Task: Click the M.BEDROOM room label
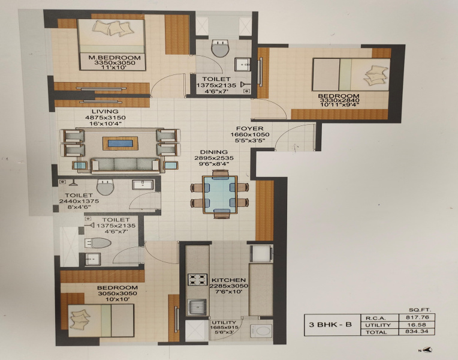[x=115, y=58]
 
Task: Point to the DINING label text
[x=214, y=152]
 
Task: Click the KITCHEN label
[x=229, y=280]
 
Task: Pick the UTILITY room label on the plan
[x=224, y=323]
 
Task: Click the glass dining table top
[x=220, y=195]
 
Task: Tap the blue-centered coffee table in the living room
[x=120, y=143]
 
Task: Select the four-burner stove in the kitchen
[x=197, y=279]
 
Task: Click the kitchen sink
[x=197, y=307]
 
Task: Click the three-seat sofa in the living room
[x=125, y=165]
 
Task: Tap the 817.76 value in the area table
[x=417, y=317]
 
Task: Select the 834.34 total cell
[x=417, y=331]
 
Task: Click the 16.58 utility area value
[x=417, y=325]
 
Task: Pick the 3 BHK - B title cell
[x=330, y=325]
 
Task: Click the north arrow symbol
[x=426, y=349]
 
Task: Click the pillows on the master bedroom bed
[x=113, y=28]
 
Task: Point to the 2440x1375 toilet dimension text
[x=79, y=201]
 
